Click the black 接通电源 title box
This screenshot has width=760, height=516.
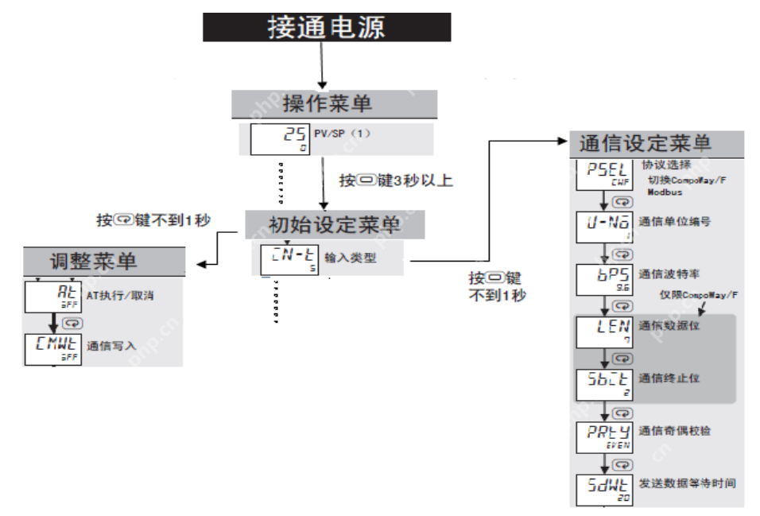(x=326, y=27)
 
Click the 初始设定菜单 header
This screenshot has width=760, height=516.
(x=334, y=225)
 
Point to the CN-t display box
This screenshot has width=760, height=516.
(x=288, y=259)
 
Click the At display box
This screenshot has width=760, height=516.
(x=51, y=298)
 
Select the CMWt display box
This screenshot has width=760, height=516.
(x=51, y=348)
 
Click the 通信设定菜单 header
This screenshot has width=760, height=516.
(x=656, y=143)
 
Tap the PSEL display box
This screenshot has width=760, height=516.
(x=603, y=173)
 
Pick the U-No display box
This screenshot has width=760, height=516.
(x=603, y=226)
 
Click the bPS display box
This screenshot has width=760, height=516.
(x=603, y=279)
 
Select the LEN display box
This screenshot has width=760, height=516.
(x=603, y=332)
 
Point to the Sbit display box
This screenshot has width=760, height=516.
(x=603, y=384)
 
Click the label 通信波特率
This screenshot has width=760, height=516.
(x=669, y=274)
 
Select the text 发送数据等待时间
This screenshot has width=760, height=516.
(x=687, y=483)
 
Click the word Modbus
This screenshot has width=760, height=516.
(x=666, y=192)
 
